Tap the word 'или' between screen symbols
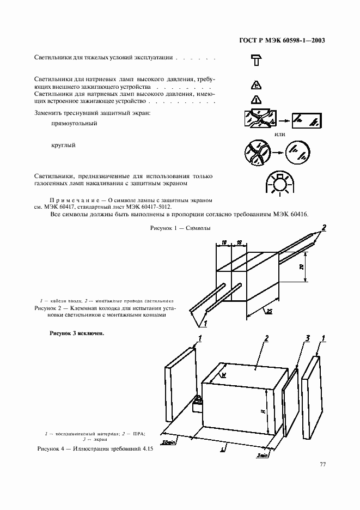pyautogui.click(x=280, y=135)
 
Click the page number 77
pyautogui.click(x=322, y=464)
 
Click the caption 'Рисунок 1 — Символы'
pyautogui.click(x=180, y=228)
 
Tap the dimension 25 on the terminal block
pyautogui.click(x=269, y=311)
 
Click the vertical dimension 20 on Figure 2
pyautogui.click(x=302, y=268)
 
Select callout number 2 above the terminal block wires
pyautogui.click(x=325, y=227)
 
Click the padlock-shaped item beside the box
pyautogui.click(x=197, y=405)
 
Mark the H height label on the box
pyautogui.click(x=263, y=412)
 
